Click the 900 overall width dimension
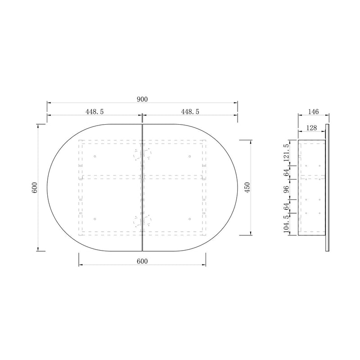(x=142, y=99)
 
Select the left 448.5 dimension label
(x=94, y=112)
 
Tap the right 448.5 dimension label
(x=190, y=112)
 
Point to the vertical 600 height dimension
(x=35, y=188)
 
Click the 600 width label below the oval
(x=142, y=261)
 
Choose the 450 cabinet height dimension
(x=247, y=188)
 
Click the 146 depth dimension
(x=313, y=112)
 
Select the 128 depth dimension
(x=311, y=128)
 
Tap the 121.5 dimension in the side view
(x=286, y=153)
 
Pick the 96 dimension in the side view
(x=286, y=189)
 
